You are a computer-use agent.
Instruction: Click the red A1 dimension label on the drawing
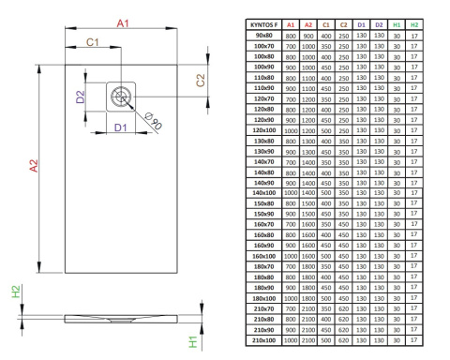click(x=123, y=23)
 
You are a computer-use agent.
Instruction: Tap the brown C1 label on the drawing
click(x=93, y=42)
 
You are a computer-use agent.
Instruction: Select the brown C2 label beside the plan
click(x=201, y=80)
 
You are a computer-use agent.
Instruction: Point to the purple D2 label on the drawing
click(x=81, y=97)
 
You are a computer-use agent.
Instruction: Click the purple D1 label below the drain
click(x=121, y=127)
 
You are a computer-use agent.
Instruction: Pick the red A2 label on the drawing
click(x=34, y=166)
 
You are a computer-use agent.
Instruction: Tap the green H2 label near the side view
click(x=16, y=292)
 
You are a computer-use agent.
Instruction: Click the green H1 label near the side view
click(x=193, y=342)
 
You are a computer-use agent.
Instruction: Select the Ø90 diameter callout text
click(x=153, y=121)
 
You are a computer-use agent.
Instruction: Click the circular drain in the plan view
click(x=121, y=97)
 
